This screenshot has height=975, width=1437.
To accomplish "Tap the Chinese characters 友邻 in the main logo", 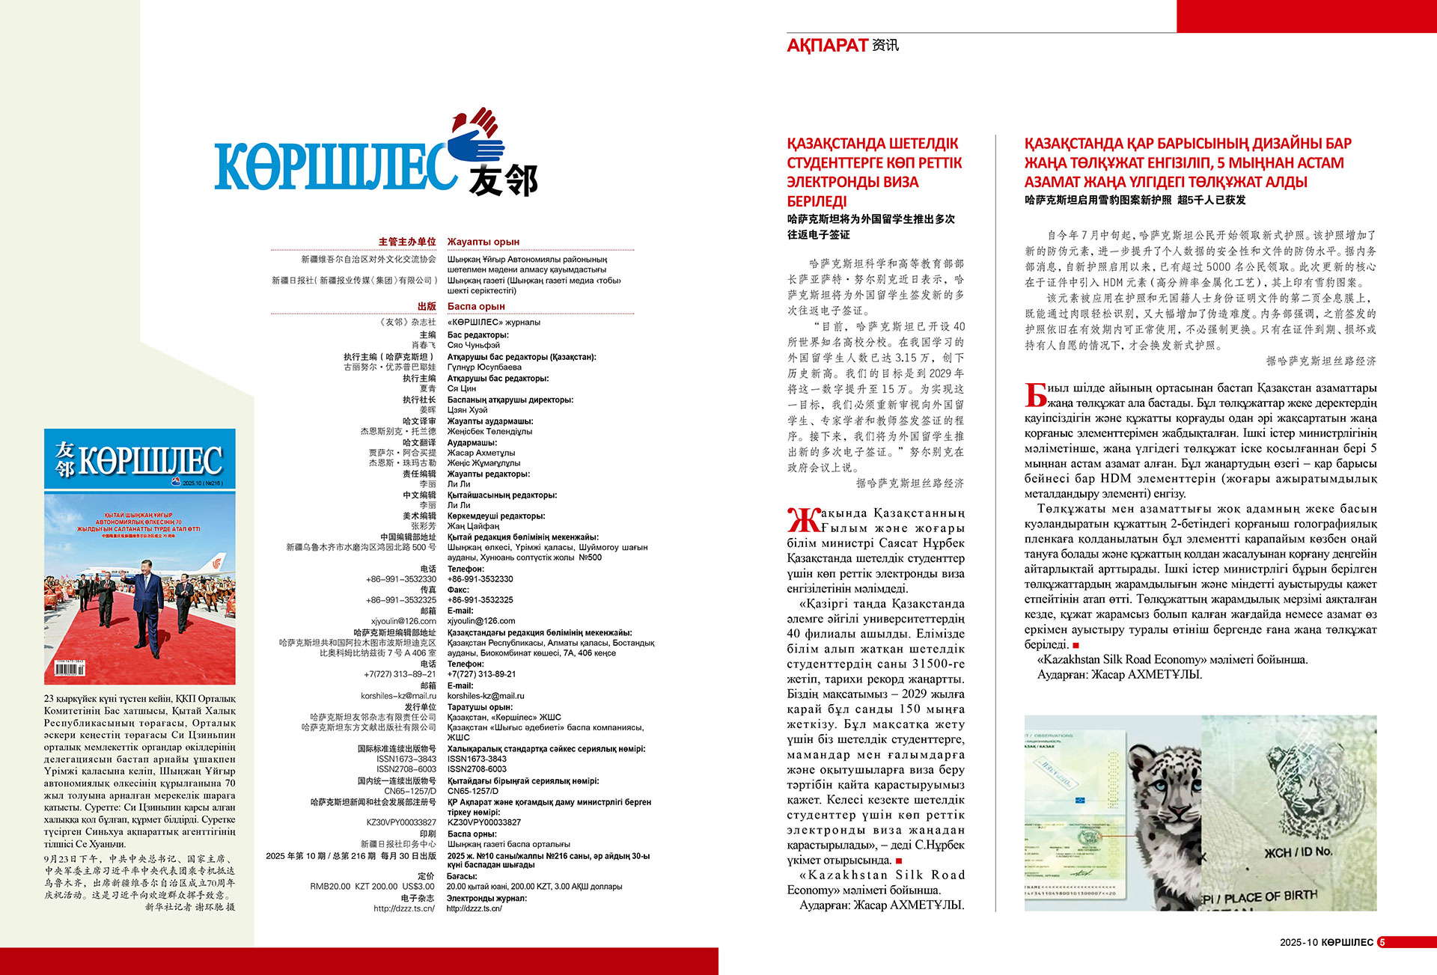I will (503, 180).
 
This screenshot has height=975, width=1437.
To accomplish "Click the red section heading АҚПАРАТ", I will (827, 46).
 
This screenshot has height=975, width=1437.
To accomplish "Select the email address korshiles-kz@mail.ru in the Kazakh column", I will (486, 696).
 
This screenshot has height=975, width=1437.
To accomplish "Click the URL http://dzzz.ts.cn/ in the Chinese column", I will (404, 908).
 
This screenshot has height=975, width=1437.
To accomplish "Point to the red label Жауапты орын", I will (483, 242).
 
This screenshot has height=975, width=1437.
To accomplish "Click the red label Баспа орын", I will (476, 306).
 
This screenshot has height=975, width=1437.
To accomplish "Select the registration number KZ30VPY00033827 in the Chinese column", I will (401, 822).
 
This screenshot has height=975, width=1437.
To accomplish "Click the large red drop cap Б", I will (1036, 395).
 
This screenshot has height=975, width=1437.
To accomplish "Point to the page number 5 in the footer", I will (1382, 943).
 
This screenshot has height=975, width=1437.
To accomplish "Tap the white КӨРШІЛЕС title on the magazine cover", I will (150, 460).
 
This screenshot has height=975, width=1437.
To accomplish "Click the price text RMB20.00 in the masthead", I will (330, 887).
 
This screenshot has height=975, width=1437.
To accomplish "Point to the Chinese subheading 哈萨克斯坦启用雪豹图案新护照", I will (1097, 200).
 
